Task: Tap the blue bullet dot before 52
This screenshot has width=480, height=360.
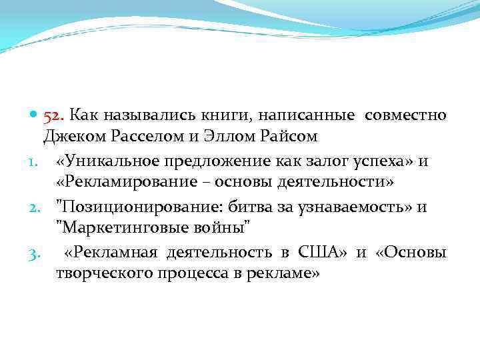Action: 34,116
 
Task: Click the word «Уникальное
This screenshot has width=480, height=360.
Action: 99,161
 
